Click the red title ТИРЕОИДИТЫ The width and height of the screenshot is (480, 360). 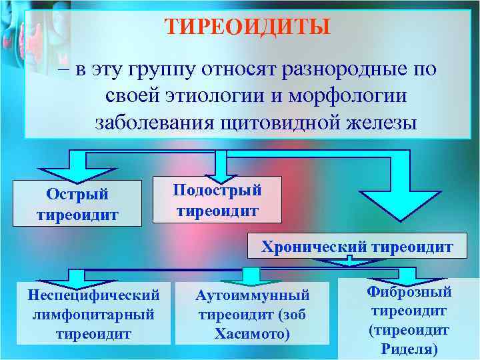point(247,27)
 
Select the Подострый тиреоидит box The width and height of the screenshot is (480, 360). point(217,199)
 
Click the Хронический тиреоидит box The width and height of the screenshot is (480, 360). point(357,247)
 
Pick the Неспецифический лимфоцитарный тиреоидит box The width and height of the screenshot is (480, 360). point(93,313)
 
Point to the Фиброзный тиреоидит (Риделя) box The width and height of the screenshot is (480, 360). point(409,319)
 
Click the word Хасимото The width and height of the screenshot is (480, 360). point(252,333)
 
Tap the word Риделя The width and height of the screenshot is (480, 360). point(409,347)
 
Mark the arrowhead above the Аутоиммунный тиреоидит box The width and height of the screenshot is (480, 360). point(251,275)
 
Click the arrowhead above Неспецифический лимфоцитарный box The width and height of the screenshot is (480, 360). point(74,276)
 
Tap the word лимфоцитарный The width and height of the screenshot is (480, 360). point(93,313)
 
